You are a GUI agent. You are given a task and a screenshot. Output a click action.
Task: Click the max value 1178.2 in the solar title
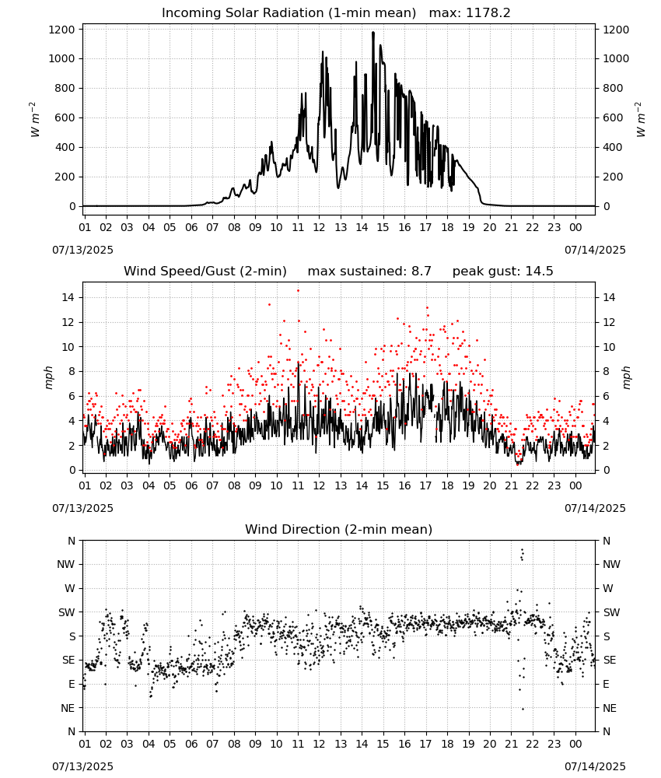point(488,13)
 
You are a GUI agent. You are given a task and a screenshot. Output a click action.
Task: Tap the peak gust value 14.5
point(537,271)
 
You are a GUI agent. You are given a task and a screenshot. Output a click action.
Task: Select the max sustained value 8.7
point(421,271)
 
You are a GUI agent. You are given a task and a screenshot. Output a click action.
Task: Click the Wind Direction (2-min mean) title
point(339,529)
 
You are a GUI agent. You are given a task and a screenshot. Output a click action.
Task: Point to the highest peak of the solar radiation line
point(373,33)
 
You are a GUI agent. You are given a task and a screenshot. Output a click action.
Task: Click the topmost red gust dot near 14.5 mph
point(298,291)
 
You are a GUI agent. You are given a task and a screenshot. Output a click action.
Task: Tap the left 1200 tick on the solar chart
point(61,30)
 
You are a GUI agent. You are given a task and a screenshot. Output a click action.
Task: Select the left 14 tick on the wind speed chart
point(68,297)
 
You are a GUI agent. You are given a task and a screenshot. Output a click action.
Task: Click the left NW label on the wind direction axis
point(66,564)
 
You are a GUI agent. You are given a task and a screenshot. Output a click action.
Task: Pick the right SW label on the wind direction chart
point(611,612)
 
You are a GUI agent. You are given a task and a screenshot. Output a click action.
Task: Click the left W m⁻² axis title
point(34,119)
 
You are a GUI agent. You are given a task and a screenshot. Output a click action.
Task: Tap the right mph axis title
point(626,377)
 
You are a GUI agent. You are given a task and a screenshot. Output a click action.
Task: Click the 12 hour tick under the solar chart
point(319,227)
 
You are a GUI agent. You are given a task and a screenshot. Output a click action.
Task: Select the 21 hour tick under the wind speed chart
point(511,485)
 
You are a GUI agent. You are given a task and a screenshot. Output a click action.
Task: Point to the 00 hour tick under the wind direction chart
point(575,743)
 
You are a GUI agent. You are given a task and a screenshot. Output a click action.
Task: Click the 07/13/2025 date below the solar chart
point(82,250)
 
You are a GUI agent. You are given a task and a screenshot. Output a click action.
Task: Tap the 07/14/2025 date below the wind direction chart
point(595,766)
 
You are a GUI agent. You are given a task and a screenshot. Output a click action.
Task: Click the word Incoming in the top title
point(190,13)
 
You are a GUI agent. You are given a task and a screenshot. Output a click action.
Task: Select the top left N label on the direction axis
point(72,541)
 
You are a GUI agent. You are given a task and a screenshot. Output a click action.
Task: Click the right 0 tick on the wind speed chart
point(607,470)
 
